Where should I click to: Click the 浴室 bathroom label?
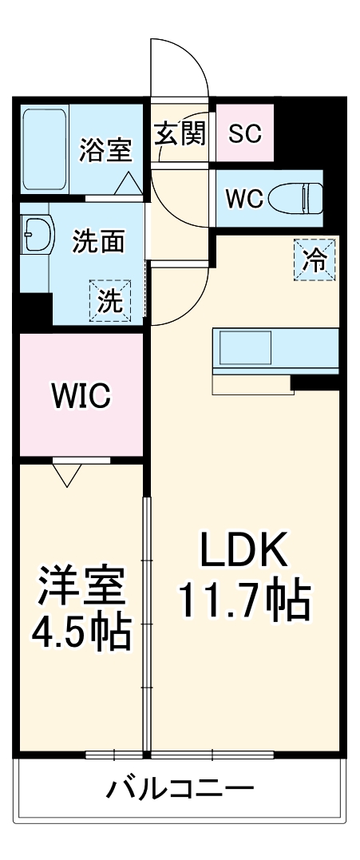[x=105, y=149]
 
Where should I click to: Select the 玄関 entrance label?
[x=180, y=133]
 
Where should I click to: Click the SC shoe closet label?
[x=244, y=133]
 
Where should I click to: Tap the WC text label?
[x=243, y=199]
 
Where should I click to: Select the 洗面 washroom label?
[x=98, y=241]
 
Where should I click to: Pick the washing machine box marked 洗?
[x=110, y=301]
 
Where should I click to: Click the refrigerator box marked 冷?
[x=316, y=260]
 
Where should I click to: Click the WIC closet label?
[x=80, y=394]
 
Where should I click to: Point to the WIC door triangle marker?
[x=68, y=475]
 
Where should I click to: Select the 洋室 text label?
[x=82, y=587]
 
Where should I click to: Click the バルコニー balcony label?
[x=180, y=790]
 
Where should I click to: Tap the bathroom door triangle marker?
[x=128, y=184]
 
